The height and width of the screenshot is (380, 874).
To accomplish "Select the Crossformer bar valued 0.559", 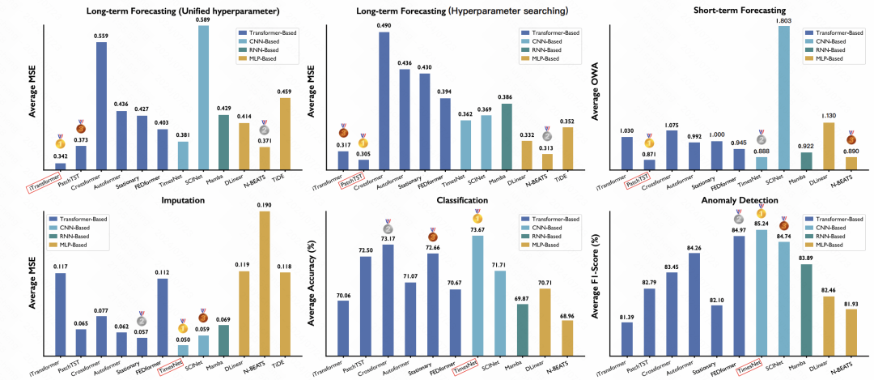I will (100, 105).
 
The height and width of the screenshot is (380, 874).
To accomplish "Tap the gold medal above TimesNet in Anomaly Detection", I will (761, 213).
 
